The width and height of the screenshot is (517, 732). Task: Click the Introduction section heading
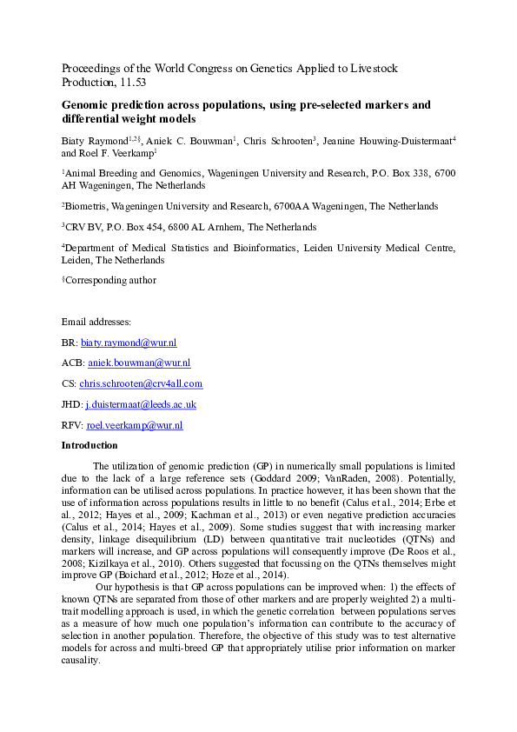coord(89,445)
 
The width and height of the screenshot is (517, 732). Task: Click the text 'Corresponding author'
coord(111,281)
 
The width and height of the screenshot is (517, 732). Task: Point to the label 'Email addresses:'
coord(96,323)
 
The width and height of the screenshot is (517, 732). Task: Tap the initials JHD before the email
coord(70,404)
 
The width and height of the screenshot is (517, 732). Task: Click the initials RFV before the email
coord(70,425)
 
